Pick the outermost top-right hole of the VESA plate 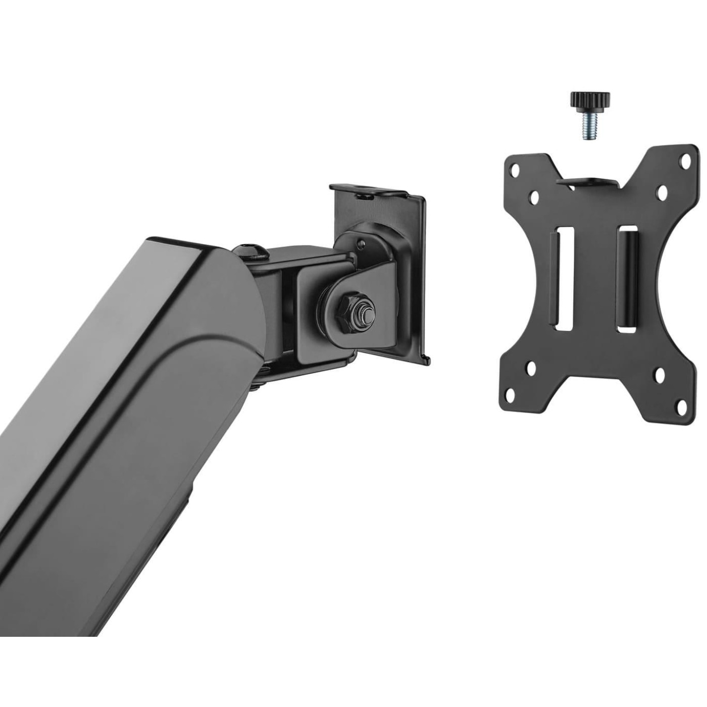tap(686, 162)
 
